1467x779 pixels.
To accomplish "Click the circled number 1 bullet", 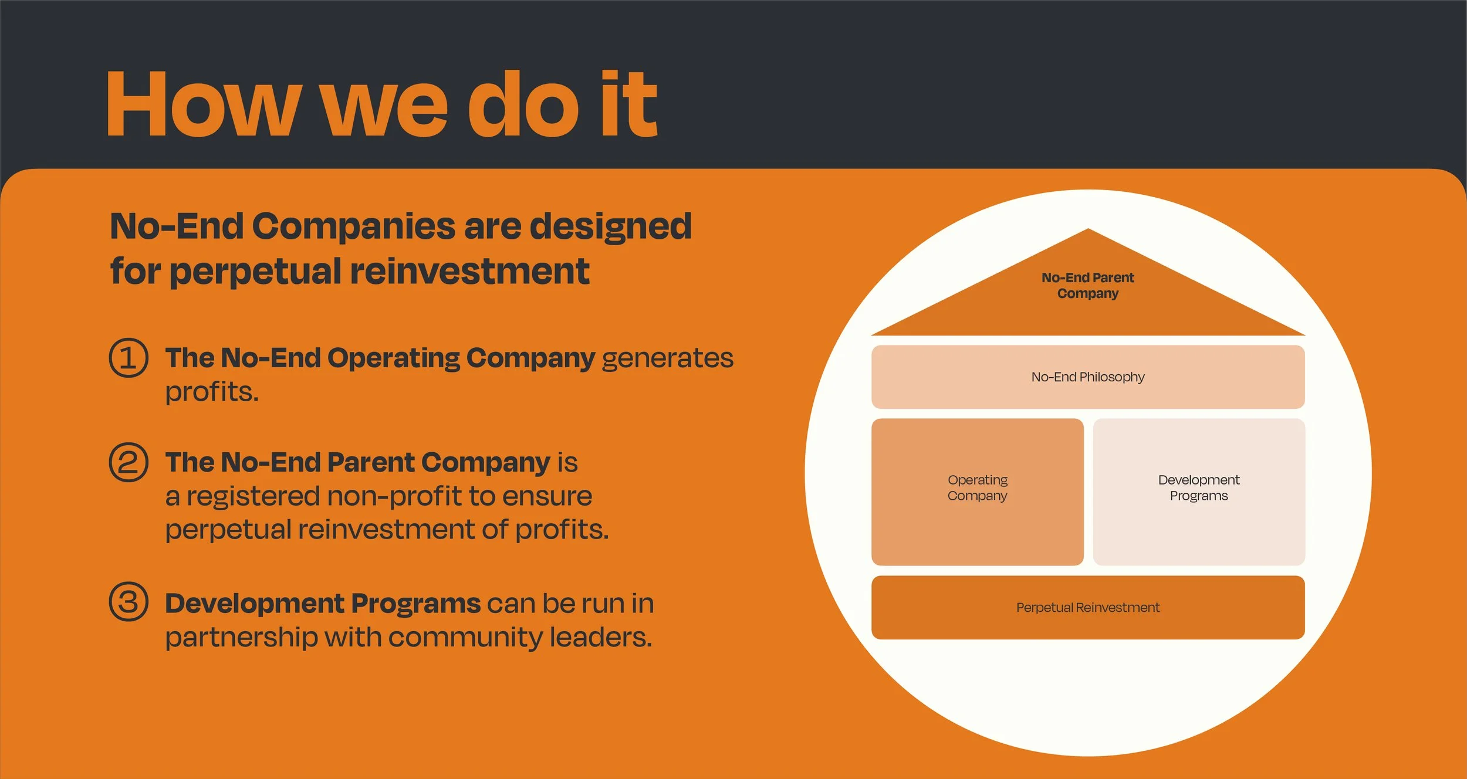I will pyautogui.click(x=129, y=358).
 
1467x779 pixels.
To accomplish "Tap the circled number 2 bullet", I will pyautogui.click(x=129, y=462).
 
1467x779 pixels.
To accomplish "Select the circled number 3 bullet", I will pyautogui.click(x=129, y=602).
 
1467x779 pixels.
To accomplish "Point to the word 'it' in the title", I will pyautogui.click(x=628, y=104).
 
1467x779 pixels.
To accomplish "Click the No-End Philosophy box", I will pyautogui.click(x=1087, y=377).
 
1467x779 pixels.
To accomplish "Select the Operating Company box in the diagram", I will pyautogui.click(x=977, y=492).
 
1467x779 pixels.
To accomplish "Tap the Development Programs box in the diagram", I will pyautogui.click(x=1198, y=492).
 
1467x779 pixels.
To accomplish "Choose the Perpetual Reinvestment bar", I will pyautogui.click(x=1087, y=608).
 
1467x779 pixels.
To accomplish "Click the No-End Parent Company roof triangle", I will pyautogui.click(x=1087, y=293).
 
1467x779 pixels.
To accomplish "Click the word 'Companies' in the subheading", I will pyautogui.click(x=353, y=226).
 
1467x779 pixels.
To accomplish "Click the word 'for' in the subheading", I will pyautogui.click(x=135, y=272).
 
